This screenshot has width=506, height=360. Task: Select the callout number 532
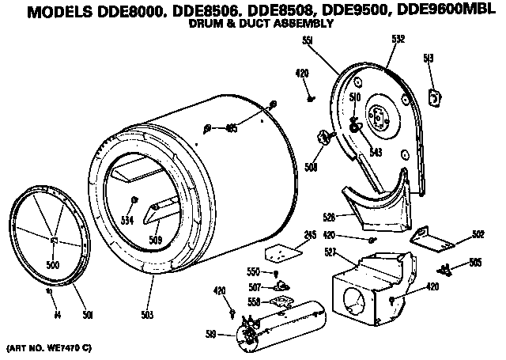(x=398, y=38)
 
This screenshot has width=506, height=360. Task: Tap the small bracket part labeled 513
(x=433, y=97)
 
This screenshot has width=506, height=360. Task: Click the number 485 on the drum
(x=232, y=128)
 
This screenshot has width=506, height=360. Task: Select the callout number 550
(x=254, y=271)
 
